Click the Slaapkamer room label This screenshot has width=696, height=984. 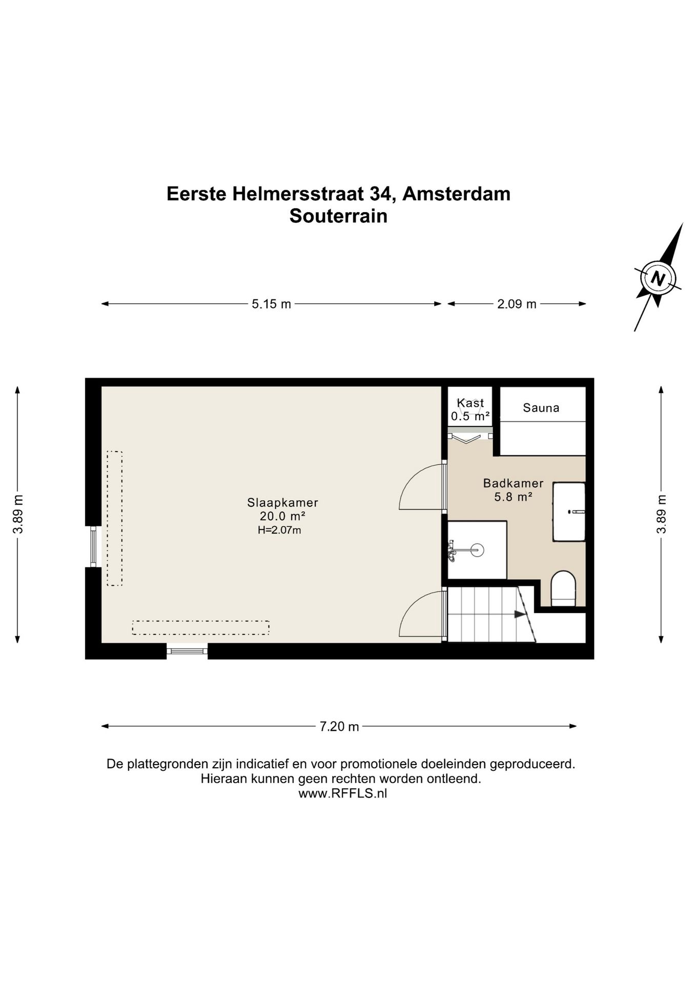tap(282, 502)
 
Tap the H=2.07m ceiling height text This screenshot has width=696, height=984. tap(279, 530)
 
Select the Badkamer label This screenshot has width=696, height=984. tap(513, 483)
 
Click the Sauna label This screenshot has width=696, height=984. tap(541, 408)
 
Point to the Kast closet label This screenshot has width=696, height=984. tap(470, 403)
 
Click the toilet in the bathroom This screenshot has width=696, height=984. tap(563, 589)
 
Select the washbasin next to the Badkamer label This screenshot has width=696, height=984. tap(568, 511)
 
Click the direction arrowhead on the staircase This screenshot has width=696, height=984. tap(521, 614)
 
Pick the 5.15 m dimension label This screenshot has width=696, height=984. tap(271, 304)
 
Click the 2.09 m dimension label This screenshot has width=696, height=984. tap(517, 304)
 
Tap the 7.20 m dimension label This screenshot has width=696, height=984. tap(339, 726)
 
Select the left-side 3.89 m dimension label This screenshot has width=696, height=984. tap(18, 514)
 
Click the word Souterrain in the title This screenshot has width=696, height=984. tap(338, 216)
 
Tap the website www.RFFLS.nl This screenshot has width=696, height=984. tap(342, 793)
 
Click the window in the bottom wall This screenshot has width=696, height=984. tap(187, 651)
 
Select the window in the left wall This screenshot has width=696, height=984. tap(93, 546)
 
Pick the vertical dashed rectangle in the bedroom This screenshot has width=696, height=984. tap(114, 518)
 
